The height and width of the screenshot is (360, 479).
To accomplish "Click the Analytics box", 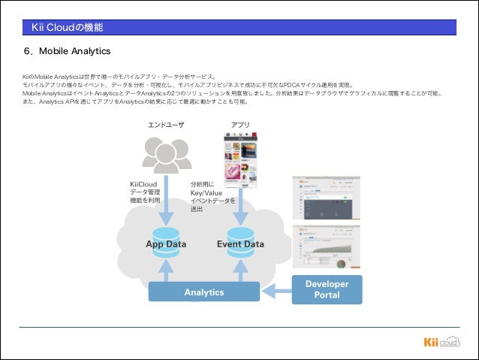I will (204, 292).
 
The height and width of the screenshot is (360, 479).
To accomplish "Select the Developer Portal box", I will (327, 289).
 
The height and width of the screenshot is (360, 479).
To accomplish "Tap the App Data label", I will (166, 244).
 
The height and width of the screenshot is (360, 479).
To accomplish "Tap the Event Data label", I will (240, 244).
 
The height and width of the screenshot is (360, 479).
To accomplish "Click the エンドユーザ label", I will (165, 125).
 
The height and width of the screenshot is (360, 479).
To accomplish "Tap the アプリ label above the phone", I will (240, 125).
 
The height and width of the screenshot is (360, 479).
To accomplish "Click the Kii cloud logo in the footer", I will (441, 343).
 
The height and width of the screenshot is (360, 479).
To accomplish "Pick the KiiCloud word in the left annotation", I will (143, 184).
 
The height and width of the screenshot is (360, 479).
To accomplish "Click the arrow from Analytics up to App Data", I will (167, 267).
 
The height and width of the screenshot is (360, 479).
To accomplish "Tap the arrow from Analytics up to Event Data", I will (240, 267).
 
